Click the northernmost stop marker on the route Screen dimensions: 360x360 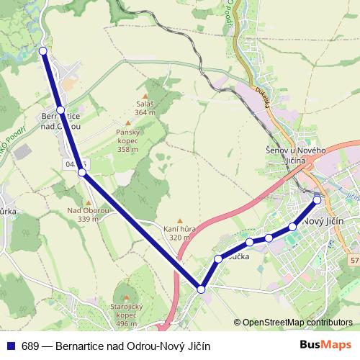coord(43,51)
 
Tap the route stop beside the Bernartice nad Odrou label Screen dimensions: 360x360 coord(60,110)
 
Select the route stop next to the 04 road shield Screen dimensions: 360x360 coord(82,173)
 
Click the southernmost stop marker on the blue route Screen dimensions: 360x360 coord(202,289)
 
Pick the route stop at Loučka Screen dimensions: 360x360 coord(218,258)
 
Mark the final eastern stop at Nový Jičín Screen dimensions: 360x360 coord(317,200)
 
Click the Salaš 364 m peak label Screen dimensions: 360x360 coord(145,108)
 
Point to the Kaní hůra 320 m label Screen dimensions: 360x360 coord(179,233)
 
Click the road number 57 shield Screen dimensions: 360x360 coord(354,258)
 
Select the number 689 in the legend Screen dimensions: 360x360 coord(30,346)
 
